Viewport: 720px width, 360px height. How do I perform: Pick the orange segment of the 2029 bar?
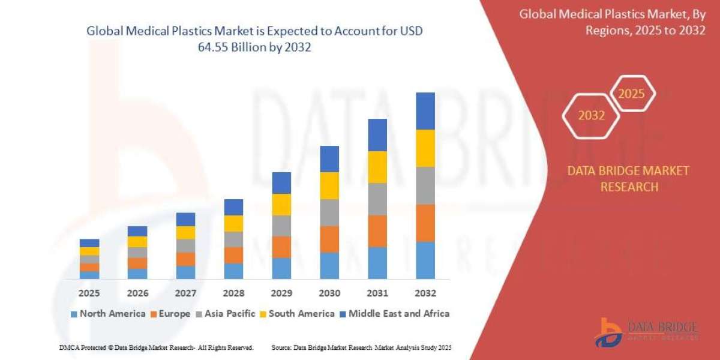pos(281,247)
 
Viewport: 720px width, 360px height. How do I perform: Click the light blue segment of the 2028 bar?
pos(233,271)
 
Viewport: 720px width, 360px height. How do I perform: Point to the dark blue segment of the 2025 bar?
pos(89,243)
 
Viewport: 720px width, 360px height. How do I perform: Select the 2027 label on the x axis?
pos(185,293)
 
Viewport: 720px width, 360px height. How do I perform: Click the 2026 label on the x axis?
pos(137,293)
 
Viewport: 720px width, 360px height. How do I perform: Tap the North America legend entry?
pos(108,313)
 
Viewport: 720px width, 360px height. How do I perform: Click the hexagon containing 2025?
pos(631,94)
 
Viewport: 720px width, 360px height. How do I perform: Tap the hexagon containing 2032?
pos(591,115)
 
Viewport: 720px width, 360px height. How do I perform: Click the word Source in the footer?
pos(282,347)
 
